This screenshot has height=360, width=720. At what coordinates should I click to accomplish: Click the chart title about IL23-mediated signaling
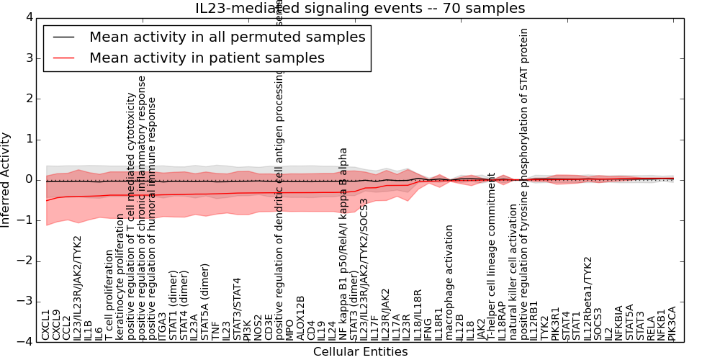click(x=360, y=9)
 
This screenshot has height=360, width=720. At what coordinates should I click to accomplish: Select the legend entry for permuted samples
click(x=227, y=37)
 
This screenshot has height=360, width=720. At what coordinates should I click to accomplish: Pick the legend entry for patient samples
click(x=207, y=58)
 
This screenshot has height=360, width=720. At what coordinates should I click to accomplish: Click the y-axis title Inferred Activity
click(x=6, y=179)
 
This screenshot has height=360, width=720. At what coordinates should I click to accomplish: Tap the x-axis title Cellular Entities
click(x=360, y=352)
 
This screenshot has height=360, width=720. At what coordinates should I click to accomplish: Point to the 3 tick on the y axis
click(x=29, y=58)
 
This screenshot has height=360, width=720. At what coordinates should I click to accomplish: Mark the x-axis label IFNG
click(x=428, y=328)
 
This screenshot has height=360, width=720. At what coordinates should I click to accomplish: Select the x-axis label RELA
click(x=651, y=328)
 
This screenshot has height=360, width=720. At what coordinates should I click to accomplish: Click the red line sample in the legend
click(x=62, y=58)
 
